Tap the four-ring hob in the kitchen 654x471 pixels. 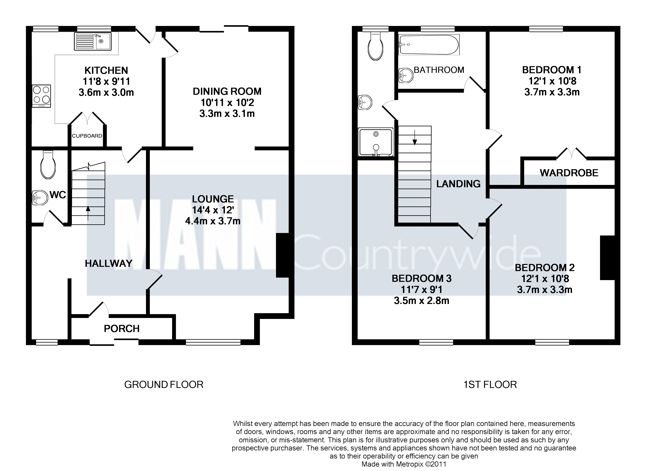point(41,96)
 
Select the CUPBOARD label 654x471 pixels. point(87,136)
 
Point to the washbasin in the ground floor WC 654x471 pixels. point(40,198)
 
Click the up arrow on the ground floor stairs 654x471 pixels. point(88,213)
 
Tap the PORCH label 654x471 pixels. point(122,328)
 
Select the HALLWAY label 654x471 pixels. point(109,263)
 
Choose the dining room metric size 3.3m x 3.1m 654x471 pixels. point(227,114)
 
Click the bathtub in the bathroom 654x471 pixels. point(429,45)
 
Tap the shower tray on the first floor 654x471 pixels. point(376,142)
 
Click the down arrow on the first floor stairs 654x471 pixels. point(415,137)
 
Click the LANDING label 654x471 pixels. point(458,184)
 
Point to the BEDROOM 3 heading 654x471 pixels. point(422,279)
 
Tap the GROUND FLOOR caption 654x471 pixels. point(164,384)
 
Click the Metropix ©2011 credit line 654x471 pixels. point(404,464)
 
